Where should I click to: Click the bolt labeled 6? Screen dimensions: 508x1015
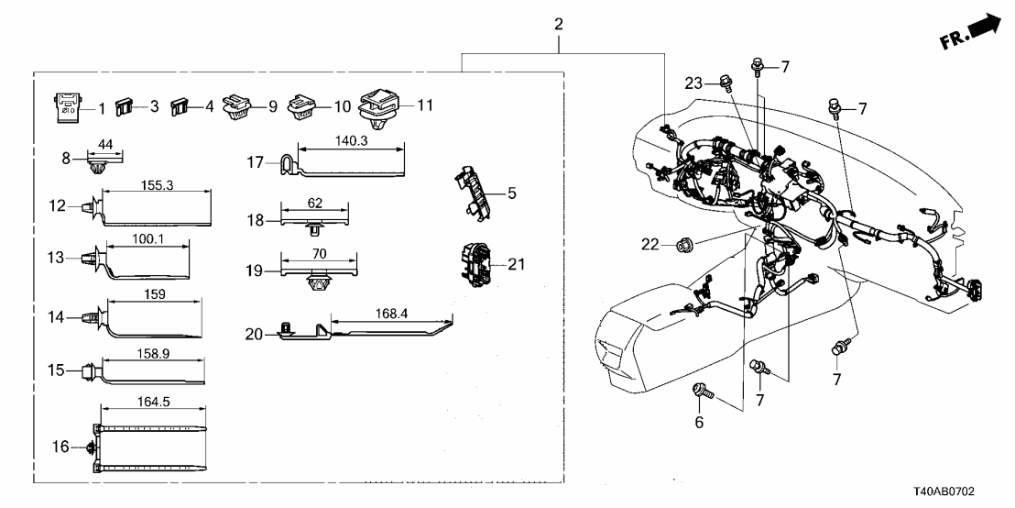pyautogui.click(x=702, y=391)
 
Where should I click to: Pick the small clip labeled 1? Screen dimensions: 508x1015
pyautogui.click(x=66, y=106)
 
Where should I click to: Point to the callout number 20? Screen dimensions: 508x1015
pyautogui.click(x=255, y=335)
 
